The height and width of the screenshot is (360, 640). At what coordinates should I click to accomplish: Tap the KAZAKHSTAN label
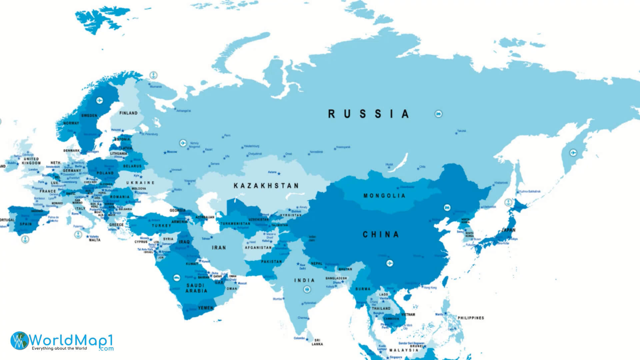(x=266, y=186)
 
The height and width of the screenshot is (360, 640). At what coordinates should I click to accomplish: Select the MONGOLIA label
(x=384, y=196)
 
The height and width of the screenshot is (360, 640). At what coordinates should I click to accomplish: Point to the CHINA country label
(x=381, y=235)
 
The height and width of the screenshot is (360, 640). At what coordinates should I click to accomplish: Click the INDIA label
(x=304, y=280)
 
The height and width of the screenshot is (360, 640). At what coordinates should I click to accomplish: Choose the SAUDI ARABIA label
(x=196, y=288)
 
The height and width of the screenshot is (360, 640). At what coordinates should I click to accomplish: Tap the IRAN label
(x=219, y=248)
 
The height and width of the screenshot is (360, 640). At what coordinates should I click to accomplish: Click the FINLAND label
(x=128, y=113)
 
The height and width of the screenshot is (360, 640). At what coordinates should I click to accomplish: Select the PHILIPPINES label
(x=470, y=318)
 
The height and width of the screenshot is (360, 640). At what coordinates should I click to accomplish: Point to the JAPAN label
(x=508, y=230)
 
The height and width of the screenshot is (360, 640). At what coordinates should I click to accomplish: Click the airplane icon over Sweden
(x=99, y=100)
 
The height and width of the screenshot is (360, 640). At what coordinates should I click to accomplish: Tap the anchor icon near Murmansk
(x=153, y=75)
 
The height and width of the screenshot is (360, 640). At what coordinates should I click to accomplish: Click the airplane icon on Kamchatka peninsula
(x=573, y=153)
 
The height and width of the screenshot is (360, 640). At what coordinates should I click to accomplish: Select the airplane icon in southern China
(x=390, y=263)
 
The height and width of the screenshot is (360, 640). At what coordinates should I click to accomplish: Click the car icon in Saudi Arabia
(x=176, y=277)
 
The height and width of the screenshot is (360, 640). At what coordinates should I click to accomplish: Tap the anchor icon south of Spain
(x=25, y=239)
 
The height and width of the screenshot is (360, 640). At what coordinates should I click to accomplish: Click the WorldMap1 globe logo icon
(x=19, y=341)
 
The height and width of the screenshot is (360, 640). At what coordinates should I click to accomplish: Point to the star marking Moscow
(x=165, y=153)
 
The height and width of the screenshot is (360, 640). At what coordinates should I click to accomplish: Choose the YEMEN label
(x=205, y=308)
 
